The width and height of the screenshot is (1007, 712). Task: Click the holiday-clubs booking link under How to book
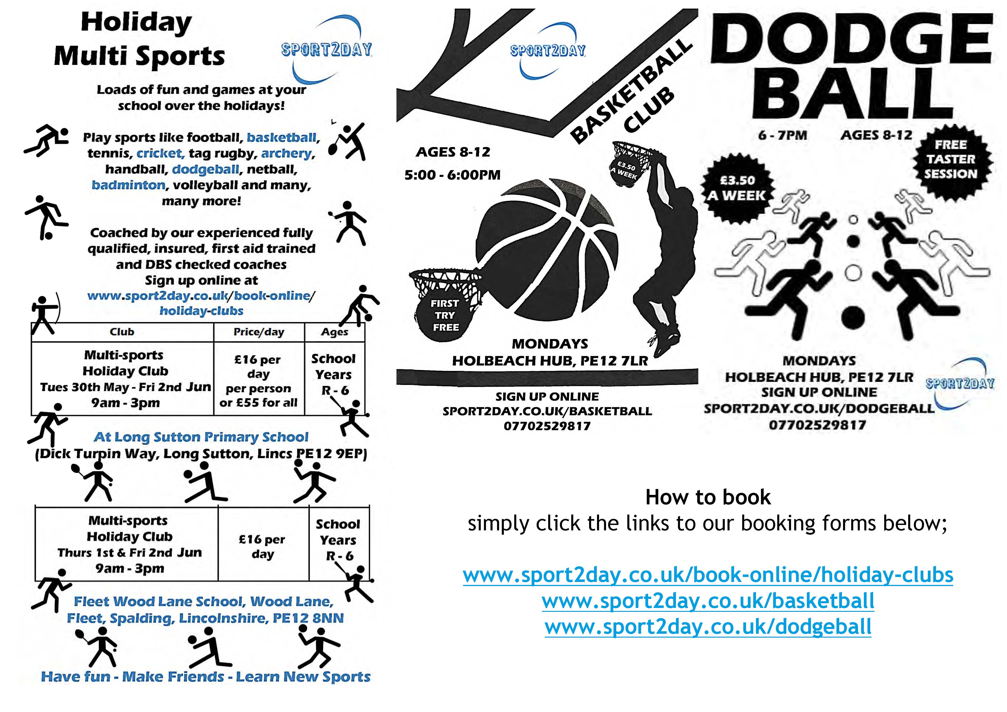(x=708, y=575)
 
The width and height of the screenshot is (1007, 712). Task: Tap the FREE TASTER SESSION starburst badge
(x=951, y=159)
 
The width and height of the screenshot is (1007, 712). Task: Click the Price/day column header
(x=259, y=332)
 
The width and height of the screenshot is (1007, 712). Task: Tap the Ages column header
(x=335, y=332)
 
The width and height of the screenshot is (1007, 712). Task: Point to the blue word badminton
(x=128, y=185)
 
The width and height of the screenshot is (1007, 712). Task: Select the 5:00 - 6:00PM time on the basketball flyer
(x=452, y=175)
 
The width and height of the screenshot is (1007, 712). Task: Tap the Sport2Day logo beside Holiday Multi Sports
(x=327, y=50)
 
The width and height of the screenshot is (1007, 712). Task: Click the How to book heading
(x=708, y=497)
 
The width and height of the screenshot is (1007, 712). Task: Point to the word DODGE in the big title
(x=851, y=38)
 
